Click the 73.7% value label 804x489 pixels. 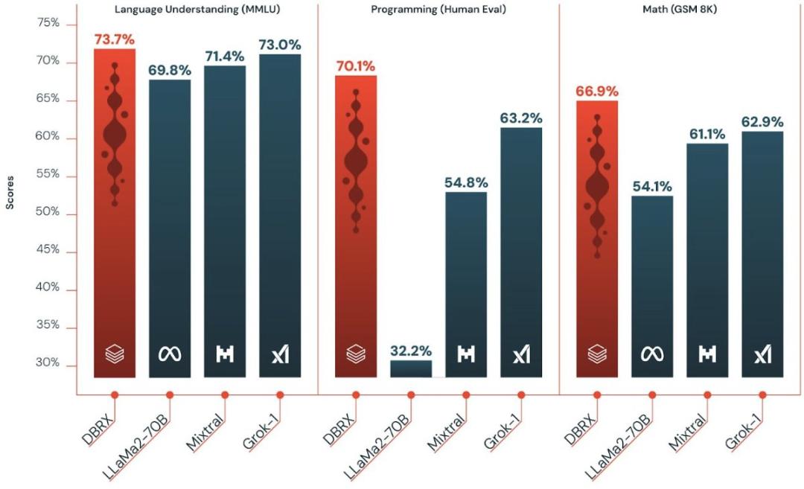click(115, 39)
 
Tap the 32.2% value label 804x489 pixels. click(410, 351)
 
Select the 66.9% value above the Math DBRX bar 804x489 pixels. click(596, 91)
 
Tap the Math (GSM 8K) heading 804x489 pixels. click(680, 8)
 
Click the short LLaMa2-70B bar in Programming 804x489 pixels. click(410, 368)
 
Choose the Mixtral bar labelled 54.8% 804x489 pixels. click(466, 283)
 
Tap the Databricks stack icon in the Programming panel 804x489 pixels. click(356, 354)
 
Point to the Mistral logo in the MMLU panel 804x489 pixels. click(224, 354)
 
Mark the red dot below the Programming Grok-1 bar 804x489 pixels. click(521, 395)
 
